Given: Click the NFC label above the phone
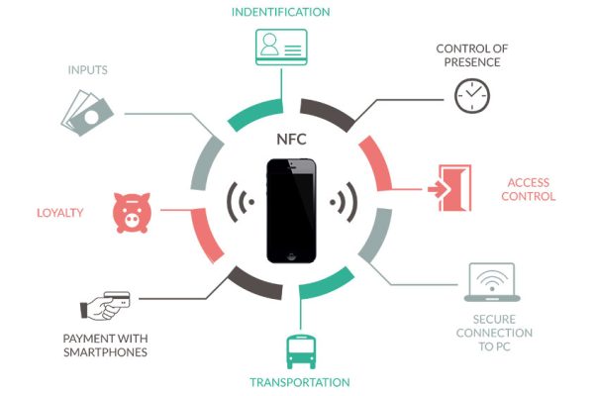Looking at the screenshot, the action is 291,139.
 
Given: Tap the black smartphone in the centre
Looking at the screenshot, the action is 291,211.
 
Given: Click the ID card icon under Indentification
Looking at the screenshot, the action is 281,47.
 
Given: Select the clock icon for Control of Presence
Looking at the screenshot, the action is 472,96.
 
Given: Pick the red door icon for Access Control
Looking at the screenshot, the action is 449,188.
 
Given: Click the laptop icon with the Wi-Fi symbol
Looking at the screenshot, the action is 492,282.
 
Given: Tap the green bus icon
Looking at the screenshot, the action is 301,351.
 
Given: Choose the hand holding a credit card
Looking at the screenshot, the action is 105,306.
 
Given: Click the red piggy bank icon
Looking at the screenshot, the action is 132,213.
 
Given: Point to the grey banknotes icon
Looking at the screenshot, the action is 87,113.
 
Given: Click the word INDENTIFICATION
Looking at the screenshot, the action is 281,12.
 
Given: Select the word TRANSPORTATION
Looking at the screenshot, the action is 300,382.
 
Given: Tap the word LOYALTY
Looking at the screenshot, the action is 59,213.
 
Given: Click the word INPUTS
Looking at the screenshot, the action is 87,70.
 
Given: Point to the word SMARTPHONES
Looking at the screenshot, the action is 105,352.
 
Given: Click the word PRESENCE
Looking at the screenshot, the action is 472,62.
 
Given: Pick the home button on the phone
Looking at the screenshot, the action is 291,256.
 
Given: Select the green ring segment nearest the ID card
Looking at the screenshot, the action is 256,114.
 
